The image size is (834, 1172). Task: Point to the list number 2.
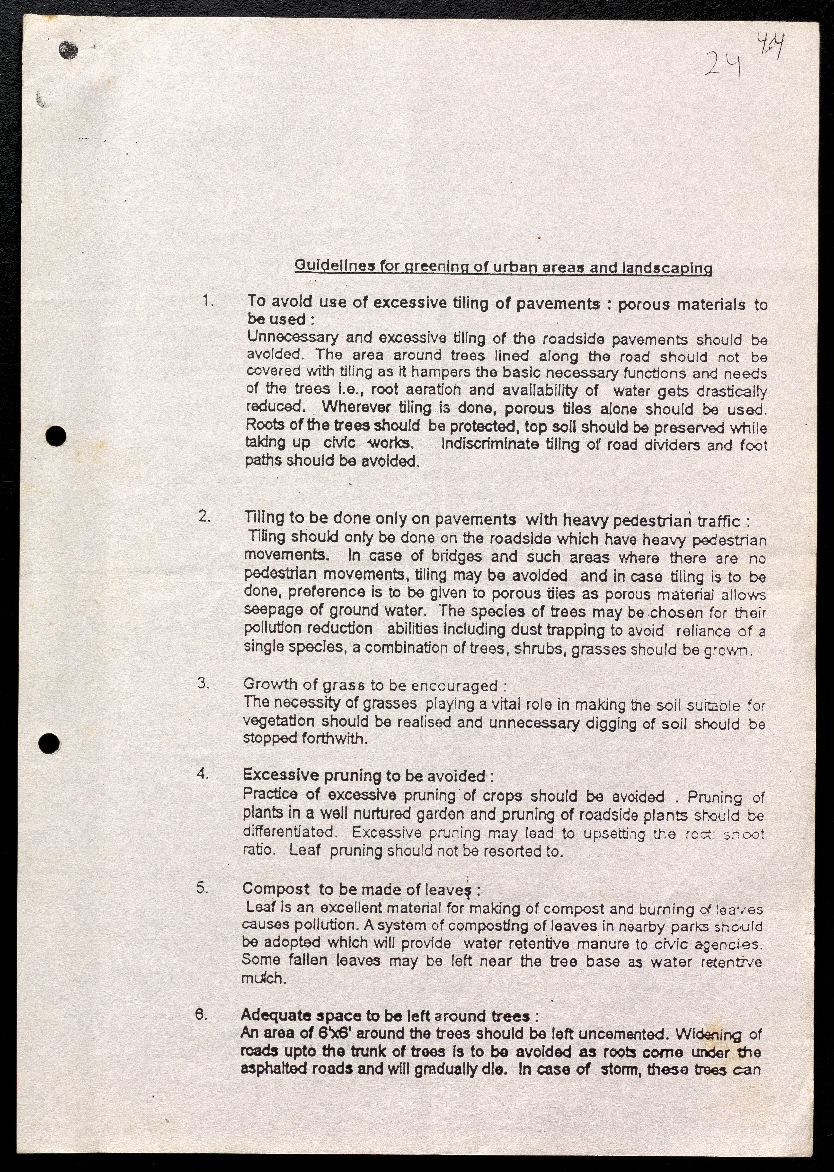point(205,516)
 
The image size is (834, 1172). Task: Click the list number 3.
point(203,683)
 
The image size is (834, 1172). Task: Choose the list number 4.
point(203,773)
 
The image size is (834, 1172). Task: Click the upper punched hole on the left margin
point(55,436)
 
